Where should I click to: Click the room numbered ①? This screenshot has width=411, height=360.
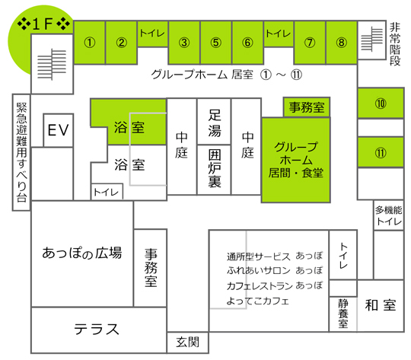point(90,43)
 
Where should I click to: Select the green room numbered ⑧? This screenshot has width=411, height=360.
point(341,43)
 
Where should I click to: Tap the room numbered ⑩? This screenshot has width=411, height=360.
point(381,104)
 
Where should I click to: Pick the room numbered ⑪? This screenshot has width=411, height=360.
point(381,152)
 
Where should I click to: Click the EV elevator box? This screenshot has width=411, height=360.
point(58,130)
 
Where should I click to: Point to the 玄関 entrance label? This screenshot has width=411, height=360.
point(188,342)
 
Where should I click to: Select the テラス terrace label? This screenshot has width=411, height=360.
point(97,329)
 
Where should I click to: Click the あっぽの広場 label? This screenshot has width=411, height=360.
point(82,253)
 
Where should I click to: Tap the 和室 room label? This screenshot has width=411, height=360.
point(381,305)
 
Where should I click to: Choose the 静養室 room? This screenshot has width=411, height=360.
point(342,314)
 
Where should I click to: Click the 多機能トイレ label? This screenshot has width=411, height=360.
point(388,215)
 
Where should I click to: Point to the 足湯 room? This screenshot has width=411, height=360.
point(214,122)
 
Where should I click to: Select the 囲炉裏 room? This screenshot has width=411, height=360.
point(214,170)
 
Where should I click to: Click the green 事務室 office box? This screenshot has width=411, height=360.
point(307,107)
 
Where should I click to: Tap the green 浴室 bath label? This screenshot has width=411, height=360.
point(129,127)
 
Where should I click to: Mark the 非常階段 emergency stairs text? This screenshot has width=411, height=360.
point(395,44)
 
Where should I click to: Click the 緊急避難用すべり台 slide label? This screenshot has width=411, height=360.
point(21,152)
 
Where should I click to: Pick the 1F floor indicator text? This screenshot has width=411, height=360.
point(44,24)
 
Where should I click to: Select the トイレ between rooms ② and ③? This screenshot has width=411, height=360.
point(152,33)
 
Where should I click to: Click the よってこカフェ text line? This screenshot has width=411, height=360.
point(257,301)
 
